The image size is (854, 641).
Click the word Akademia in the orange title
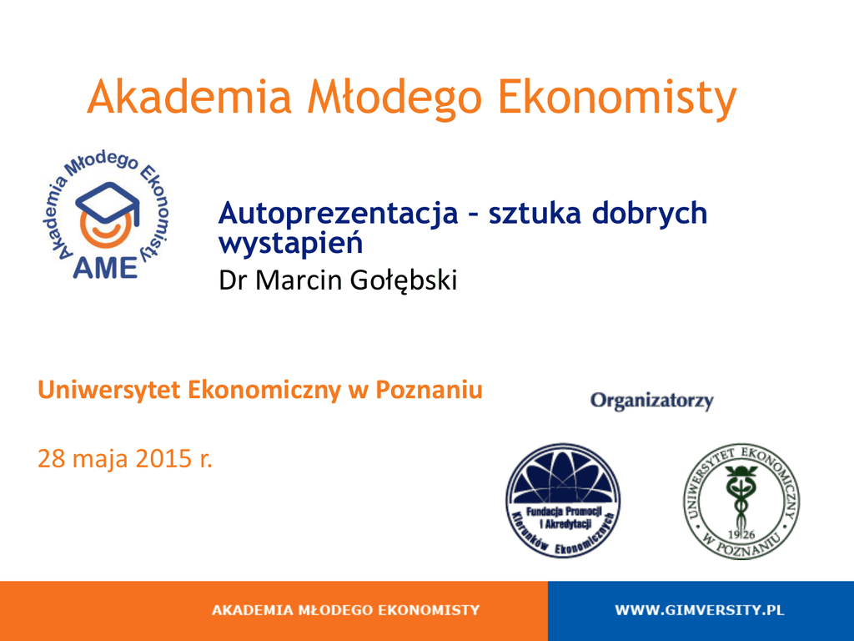point(189,97)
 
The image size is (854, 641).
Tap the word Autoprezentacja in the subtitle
point(339,213)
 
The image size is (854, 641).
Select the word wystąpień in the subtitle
point(291,243)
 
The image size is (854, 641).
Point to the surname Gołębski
point(403,280)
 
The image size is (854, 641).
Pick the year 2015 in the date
point(163,458)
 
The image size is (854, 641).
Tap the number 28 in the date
point(52,458)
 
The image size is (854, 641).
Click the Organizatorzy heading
point(652,401)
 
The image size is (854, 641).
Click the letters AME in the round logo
point(105,268)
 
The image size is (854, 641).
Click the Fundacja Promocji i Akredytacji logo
point(563,501)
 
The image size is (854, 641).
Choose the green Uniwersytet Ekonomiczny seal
point(741,501)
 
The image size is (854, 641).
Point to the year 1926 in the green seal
point(741,535)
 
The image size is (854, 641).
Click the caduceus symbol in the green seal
point(741,496)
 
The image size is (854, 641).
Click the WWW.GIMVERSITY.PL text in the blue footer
point(700,610)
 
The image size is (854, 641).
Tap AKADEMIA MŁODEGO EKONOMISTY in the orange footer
point(346,610)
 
